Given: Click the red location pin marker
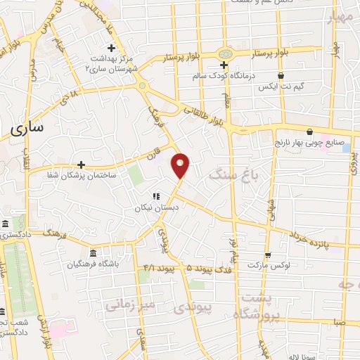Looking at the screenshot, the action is click(x=181, y=165).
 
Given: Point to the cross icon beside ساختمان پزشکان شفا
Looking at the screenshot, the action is click(x=82, y=165).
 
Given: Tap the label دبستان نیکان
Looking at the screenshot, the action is click(x=157, y=208).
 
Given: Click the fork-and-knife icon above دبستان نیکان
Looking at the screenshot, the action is click(x=156, y=197).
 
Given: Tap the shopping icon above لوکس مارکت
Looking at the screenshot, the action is click(x=267, y=255).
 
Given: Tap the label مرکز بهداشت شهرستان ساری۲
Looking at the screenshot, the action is click(x=112, y=65).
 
